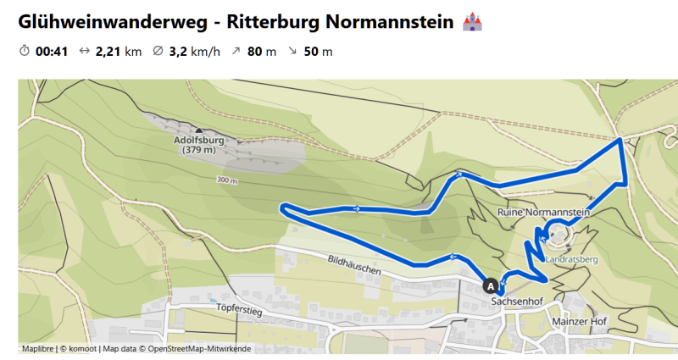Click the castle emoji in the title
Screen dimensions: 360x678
[x=471, y=22]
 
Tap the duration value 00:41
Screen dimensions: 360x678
[x=51, y=52]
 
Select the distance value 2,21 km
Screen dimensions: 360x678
[x=119, y=52]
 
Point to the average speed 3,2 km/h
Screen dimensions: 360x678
[x=194, y=52]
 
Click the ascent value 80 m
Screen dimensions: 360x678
[x=262, y=52]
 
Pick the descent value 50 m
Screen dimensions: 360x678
[x=318, y=52]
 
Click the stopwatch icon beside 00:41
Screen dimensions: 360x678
[x=25, y=52]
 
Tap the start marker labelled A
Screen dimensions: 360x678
[x=490, y=286]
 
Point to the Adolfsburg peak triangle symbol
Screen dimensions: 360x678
[x=198, y=130]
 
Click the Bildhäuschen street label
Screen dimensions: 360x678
[x=352, y=265]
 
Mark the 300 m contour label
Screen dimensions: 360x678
[x=227, y=180]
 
